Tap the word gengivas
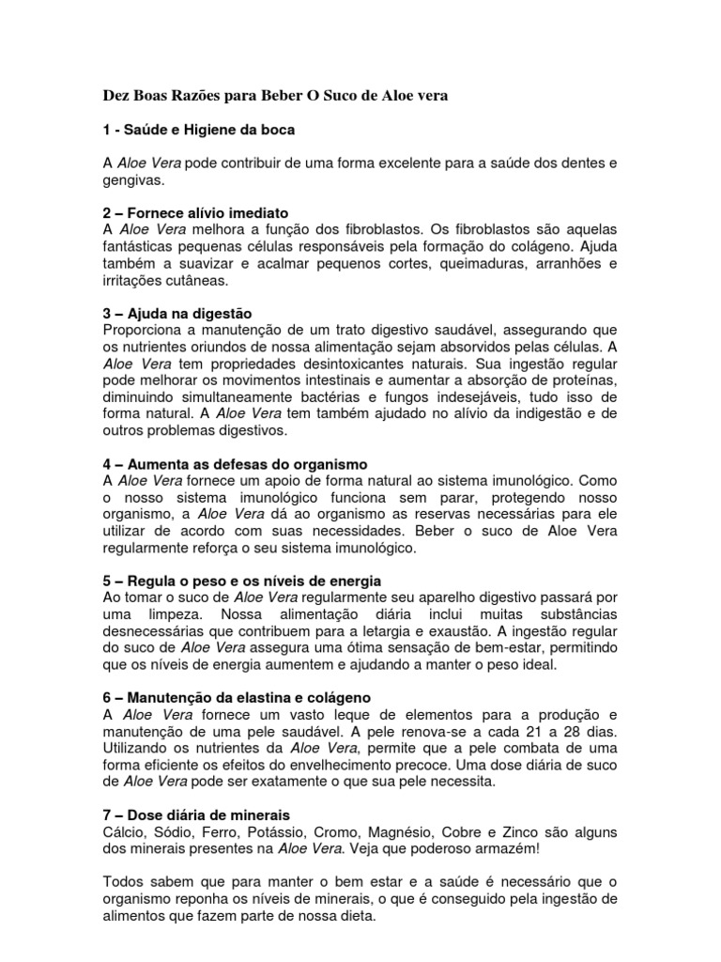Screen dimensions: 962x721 coord(133,179)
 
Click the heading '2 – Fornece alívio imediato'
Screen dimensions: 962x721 coord(195,212)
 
